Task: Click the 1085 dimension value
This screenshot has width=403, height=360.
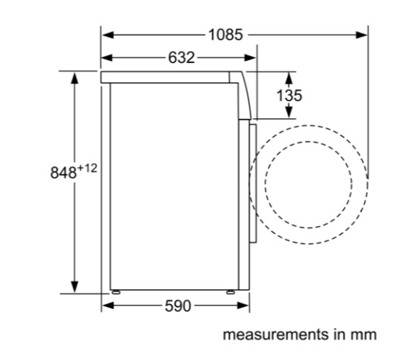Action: click(x=225, y=35)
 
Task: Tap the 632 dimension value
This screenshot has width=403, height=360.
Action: click(x=181, y=57)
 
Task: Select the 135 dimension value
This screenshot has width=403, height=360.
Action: click(x=289, y=96)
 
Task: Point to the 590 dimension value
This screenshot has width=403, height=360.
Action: click(x=178, y=306)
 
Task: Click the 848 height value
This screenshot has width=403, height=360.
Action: click(x=63, y=172)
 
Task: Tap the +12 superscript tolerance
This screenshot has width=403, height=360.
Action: click(x=87, y=169)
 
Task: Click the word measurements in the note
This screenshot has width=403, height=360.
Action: click(x=276, y=334)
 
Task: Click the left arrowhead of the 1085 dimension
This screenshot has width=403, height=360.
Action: click(x=108, y=35)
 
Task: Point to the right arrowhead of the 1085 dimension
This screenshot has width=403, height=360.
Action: click(x=362, y=35)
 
